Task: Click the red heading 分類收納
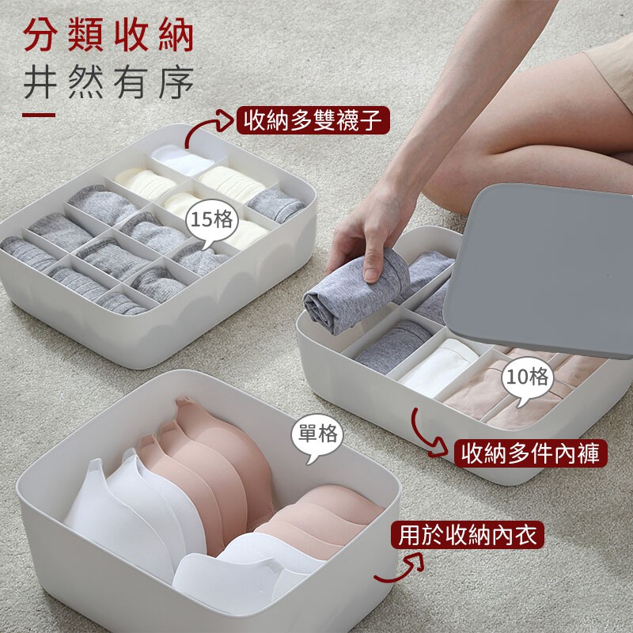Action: tap(108, 36)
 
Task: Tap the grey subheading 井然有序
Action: tap(108, 83)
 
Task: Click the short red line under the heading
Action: tap(39, 115)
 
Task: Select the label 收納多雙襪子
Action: tap(313, 120)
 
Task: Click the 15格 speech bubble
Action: tap(211, 222)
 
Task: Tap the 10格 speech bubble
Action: tap(527, 380)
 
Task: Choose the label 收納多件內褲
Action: tap(530, 453)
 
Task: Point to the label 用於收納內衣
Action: tap(468, 536)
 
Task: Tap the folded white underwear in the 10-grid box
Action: tap(439, 366)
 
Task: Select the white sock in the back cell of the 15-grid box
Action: tap(183, 159)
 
